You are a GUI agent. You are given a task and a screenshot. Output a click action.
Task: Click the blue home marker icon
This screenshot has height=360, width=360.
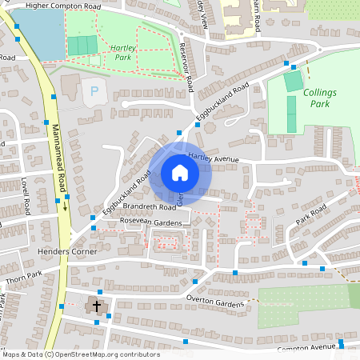click(x=180, y=173)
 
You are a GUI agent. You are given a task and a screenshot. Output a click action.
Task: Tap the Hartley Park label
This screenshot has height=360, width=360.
click(x=122, y=53)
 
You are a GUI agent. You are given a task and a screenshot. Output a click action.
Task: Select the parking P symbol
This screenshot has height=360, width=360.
click(x=94, y=92)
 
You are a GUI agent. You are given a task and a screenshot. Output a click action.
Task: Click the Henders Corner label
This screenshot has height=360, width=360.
click(x=67, y=251)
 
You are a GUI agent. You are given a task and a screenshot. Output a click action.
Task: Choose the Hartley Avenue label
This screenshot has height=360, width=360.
click(x=214, y=158)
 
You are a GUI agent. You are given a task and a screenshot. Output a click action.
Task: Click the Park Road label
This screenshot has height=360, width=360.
click(x=311, y=214)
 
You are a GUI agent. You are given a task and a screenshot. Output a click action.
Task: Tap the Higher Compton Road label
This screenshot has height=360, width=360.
click(x=63, y=6)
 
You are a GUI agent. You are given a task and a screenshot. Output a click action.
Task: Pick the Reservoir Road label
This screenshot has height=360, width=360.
click(x=186, y=66)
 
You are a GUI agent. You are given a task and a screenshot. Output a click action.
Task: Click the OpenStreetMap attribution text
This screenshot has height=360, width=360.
click(x=80, y=354)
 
